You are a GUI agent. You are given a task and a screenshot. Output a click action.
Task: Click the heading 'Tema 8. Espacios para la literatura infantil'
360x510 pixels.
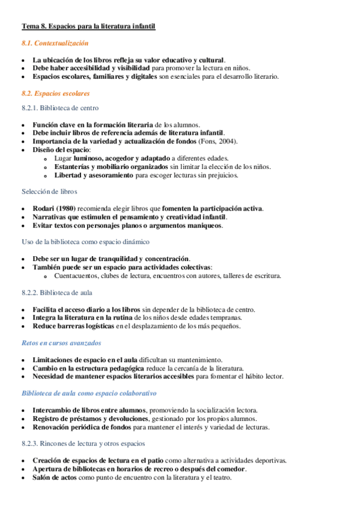(x=88, y=26)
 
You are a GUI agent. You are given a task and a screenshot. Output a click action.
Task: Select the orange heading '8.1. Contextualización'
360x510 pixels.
(x=55, y=43)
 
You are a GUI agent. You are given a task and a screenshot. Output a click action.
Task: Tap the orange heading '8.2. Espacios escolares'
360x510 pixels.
(x=55, y=94)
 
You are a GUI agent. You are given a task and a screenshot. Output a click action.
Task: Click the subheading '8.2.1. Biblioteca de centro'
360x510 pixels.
(x=59, y=108)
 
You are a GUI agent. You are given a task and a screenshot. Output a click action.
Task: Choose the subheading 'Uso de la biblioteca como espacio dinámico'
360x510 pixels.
(x=85, y=241)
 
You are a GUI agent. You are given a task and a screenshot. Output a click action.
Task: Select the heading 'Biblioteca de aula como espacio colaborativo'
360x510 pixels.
(x=89, y=393)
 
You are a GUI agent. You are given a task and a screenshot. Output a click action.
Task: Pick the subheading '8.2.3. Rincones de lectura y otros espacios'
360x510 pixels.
(x=83, y=443)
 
